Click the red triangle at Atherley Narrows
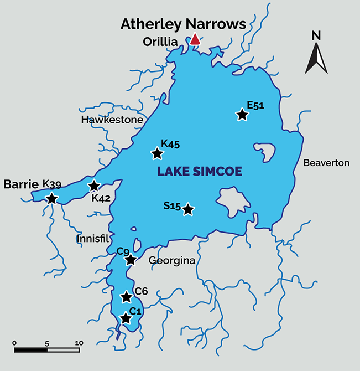pyautogui.click(x=195, y=39)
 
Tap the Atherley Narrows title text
pyautogui.click(x=183, y=24)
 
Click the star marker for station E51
pyautogui.click(x=242, y=115)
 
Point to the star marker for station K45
pyautogui.click(x=158, y=154)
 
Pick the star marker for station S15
pyautogui.click(x=188, y=209)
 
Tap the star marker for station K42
pyautogui.click(x=93, y=186)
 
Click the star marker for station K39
pyautogui.click(x=51, y=198)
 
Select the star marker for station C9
pyautogui.click(x=130, y=260)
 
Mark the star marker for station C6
pyautogui.click(x=126, y=296)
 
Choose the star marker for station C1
pyautogui.click(x=126, y=318)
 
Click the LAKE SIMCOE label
pyautogui.click(x=199, y=172)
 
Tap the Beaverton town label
pyautogui.click(x=326, y=163)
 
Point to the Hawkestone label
pyautogui.click(x=112, y=120)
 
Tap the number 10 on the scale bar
pyautogui.click(x=79, y=343)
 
